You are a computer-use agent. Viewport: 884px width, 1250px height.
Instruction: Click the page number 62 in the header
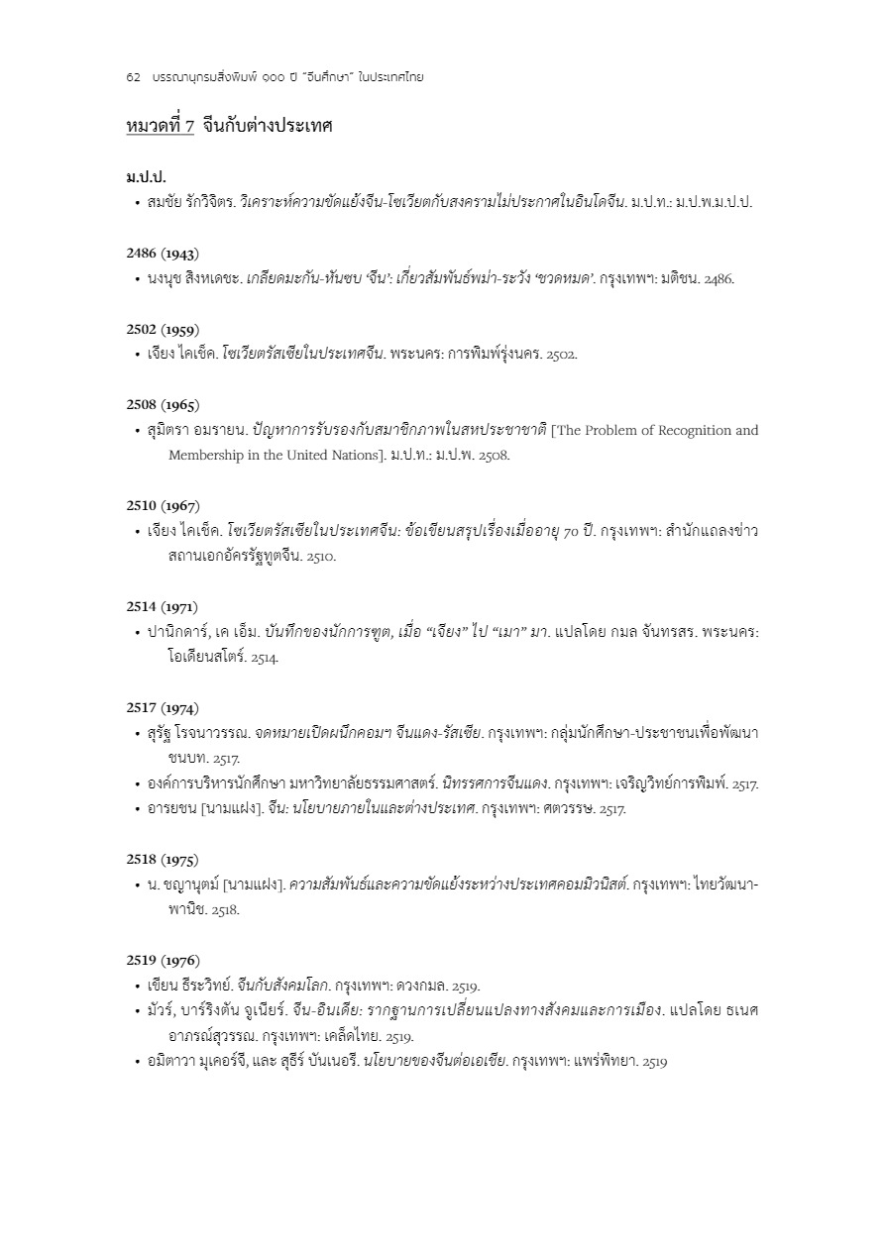coord(133,77)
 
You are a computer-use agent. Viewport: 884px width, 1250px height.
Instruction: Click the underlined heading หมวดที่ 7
coord(161,126)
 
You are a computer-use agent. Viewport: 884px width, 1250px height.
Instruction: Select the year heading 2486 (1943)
coord(163,253)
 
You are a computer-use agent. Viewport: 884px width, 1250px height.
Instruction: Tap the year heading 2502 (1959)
coord(163,329)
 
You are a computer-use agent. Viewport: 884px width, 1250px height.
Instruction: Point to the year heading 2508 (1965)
coord(163,404)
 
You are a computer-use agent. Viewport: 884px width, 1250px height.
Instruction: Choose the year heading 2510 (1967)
coord(163,505)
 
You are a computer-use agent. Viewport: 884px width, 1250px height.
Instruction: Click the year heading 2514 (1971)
coord(163,606)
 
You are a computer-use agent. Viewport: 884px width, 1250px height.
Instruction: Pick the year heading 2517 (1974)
coord(163,707)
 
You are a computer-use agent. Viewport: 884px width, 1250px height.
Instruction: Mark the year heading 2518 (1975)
coord(163,859)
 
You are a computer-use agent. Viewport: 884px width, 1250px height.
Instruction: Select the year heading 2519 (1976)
coord(163,960)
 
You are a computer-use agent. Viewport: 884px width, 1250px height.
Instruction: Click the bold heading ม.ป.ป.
coord(146,177)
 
